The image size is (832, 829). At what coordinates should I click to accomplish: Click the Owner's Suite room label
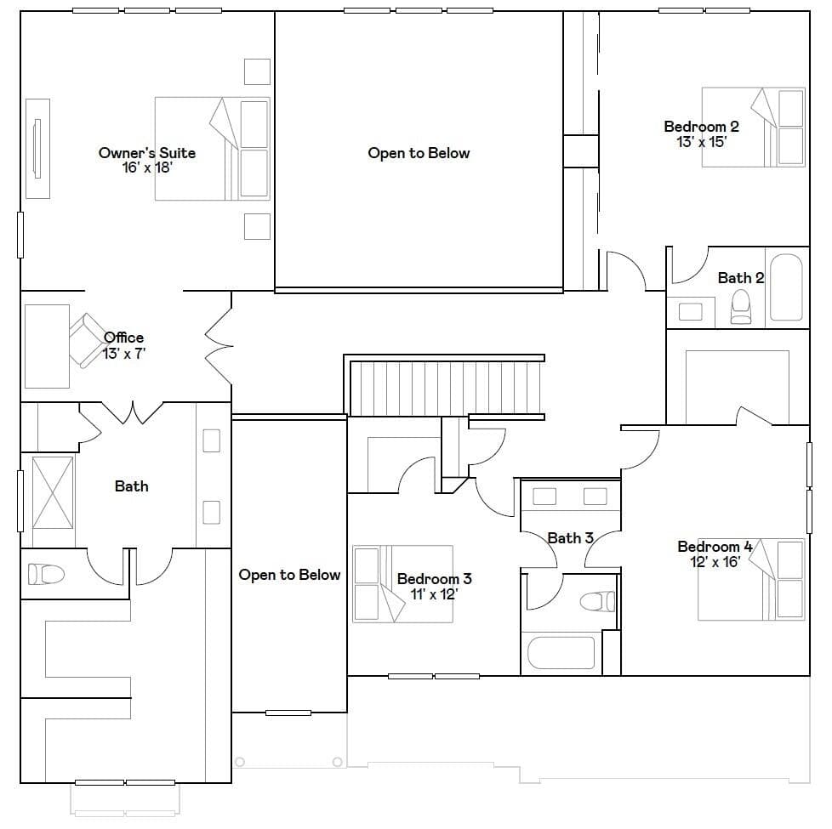[x=147, y=153]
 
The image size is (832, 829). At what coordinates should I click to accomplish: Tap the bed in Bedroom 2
[x=754, y=128]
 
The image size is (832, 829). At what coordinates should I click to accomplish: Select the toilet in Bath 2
[x=741, y=307]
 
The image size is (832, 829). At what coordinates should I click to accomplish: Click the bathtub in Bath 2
[x=786, y=287]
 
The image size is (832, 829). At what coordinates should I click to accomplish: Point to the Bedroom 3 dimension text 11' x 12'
[x=434, y=594]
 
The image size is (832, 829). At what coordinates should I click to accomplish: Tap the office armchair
[x=88, y=340]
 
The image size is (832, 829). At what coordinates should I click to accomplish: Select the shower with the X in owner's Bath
[x=53, y=493]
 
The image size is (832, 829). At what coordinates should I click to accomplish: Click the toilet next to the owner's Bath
[x=46, y=574]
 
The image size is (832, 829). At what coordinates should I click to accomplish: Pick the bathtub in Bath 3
[x=561, y=652]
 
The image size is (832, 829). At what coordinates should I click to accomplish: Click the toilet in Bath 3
[x=598, y=601]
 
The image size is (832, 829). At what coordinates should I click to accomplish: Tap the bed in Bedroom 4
[x=751, y=579]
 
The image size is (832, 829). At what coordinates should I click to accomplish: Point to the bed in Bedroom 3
[x=402, y=584]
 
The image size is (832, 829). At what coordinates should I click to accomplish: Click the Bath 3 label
[x=571, y=538]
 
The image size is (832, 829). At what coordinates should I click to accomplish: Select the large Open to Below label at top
[x=419, y=153]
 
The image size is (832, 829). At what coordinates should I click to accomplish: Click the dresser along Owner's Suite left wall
[x=37, y=149]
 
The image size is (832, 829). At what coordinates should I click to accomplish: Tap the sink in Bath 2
[x=690, y=312]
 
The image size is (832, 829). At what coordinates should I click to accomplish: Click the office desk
[x=48, y=346]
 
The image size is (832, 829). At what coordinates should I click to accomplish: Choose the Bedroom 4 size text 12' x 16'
[x=715, y=562]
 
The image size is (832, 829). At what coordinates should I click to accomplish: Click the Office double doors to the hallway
[x=219, y=346]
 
